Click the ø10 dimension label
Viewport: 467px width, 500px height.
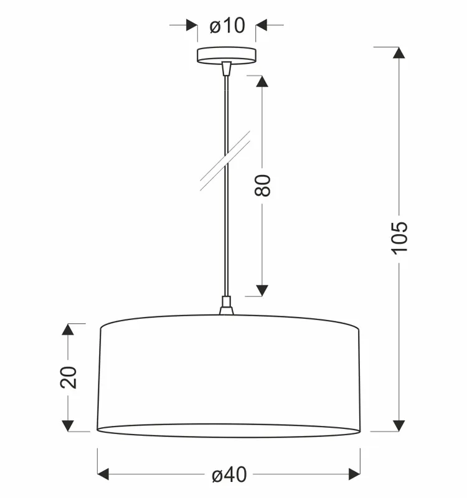227,26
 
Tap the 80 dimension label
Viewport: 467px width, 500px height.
263,186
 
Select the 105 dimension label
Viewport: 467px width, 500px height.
399,238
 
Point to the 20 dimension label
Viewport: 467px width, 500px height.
68,377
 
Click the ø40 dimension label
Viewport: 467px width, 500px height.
229,474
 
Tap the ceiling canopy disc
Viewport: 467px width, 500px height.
227,55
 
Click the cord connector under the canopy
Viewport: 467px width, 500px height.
226,68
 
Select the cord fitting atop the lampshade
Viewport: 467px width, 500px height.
226,306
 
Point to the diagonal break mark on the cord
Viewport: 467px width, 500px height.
225,161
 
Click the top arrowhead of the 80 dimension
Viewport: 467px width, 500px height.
262,82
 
